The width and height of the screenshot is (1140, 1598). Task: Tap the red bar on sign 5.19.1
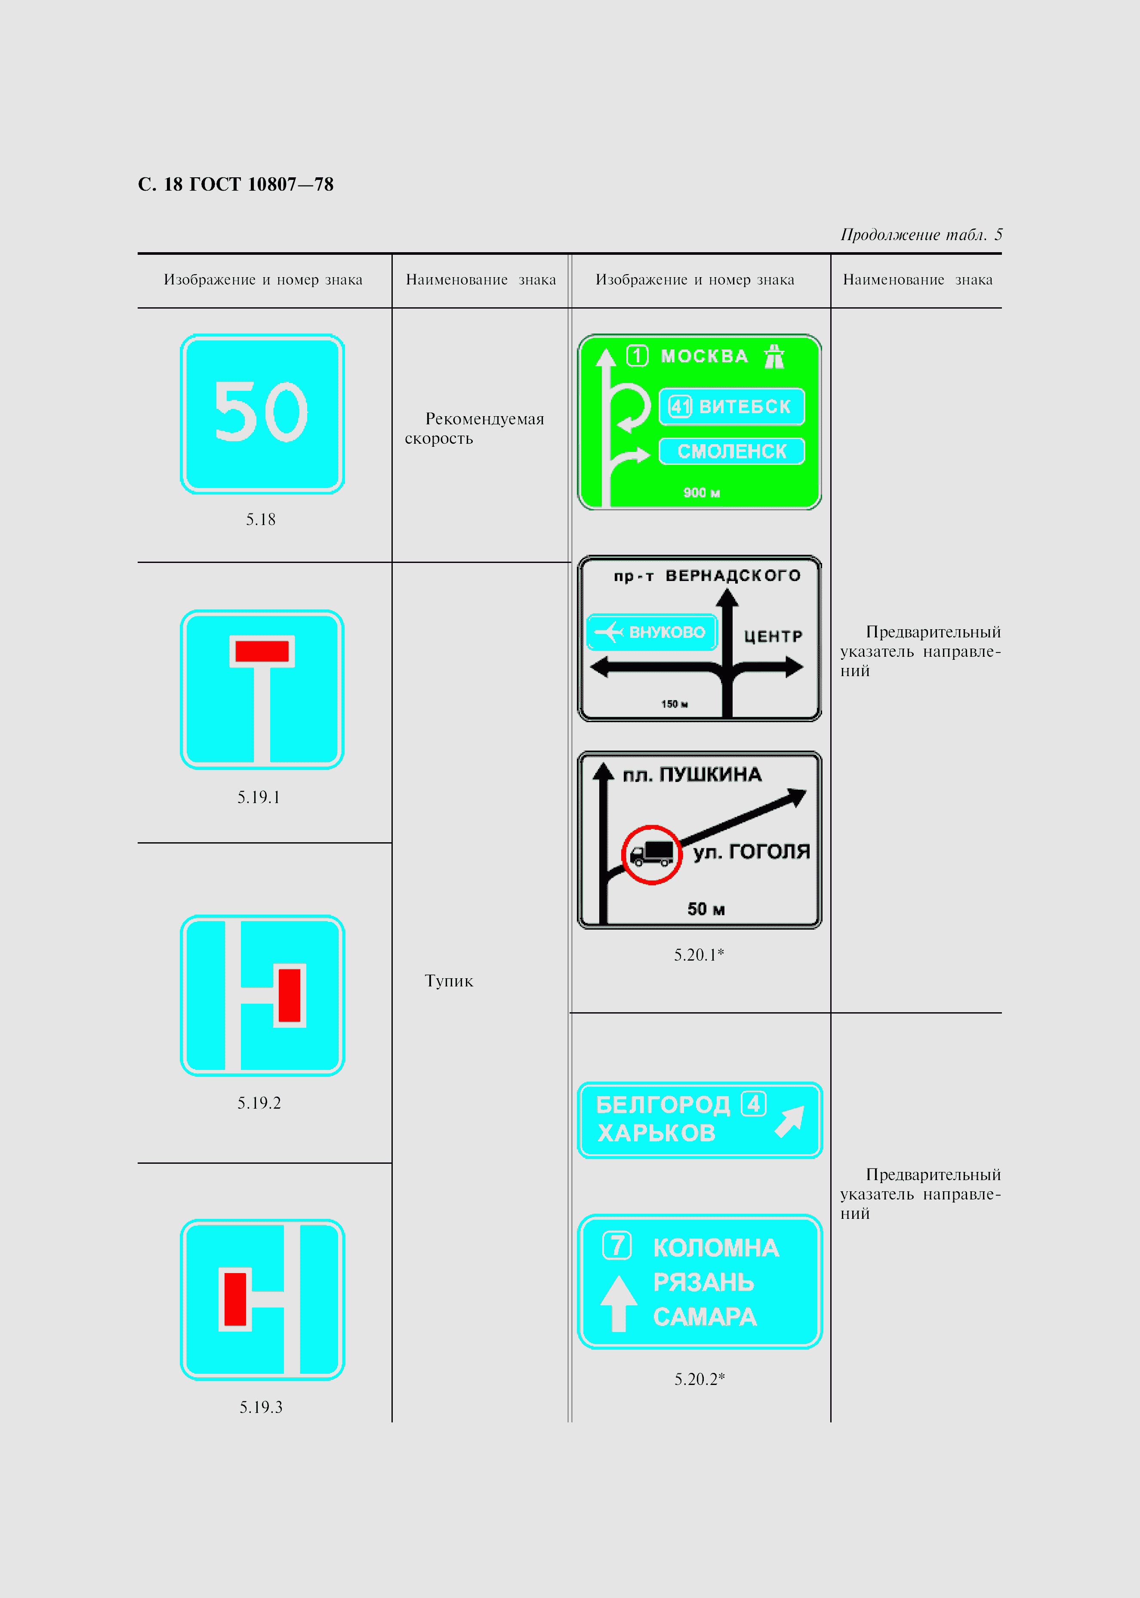coord(262,651)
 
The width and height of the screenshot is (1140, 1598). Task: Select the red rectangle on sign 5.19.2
coord(289,995)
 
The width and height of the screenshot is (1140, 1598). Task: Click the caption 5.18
coord(260,519)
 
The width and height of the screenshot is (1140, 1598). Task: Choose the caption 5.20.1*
coord(699,955)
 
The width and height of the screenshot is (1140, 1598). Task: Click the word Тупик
coord(449,981)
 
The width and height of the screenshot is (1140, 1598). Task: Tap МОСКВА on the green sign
coord(704,357)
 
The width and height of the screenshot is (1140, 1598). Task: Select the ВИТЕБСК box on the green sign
coord(731,407)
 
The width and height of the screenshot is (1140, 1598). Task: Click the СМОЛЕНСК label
coord(731,451)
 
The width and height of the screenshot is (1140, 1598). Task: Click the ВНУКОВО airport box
coord(651,632)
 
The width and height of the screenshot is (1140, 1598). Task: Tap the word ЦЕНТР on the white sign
coord(773,636)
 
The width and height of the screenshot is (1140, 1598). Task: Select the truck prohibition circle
coord(651,854)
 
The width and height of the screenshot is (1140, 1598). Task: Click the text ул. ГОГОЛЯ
coord(751,852)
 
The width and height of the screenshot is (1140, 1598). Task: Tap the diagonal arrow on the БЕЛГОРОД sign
coord(790,1121)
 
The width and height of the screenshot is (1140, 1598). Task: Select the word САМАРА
coord(705,1317)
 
